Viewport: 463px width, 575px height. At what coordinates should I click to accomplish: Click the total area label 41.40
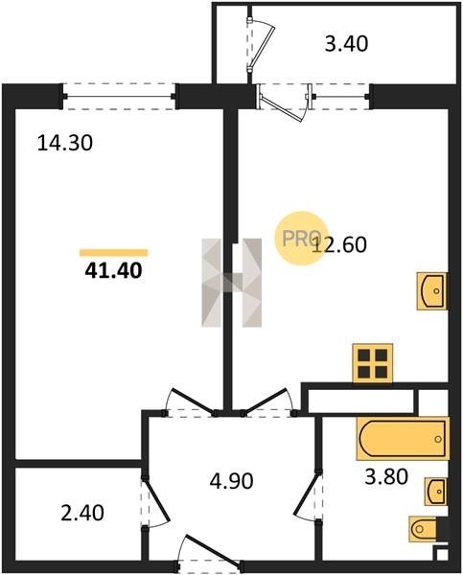[113, 271]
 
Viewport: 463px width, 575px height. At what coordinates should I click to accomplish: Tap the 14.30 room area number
[65, 143]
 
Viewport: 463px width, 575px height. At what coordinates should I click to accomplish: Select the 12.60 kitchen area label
[339, 245]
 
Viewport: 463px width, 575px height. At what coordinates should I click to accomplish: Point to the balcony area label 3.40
[346, 44]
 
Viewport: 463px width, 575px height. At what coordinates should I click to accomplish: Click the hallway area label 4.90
[232, 481]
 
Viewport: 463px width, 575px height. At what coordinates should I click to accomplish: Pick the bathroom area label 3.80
[386, 477]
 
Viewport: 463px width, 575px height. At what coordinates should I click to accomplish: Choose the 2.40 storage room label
[82, 513]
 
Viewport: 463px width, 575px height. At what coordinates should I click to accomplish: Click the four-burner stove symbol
[373, 363]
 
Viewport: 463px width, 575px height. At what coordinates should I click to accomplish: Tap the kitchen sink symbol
[432, 291]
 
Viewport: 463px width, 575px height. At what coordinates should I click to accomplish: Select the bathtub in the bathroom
[403, 439]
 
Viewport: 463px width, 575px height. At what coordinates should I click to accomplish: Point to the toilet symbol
[425, 529]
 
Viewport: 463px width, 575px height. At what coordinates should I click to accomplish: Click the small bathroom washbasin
[436, 492]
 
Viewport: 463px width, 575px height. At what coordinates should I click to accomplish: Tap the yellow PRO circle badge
[302, 239]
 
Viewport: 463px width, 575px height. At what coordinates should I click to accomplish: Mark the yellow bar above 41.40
[114, 253]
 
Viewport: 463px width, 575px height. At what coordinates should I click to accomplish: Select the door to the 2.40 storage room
[155, 501]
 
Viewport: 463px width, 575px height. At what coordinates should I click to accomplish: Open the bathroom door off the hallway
[309, 495]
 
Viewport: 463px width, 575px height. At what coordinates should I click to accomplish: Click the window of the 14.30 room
[119, 97]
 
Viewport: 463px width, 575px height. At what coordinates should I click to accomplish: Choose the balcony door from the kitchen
[285, 103]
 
